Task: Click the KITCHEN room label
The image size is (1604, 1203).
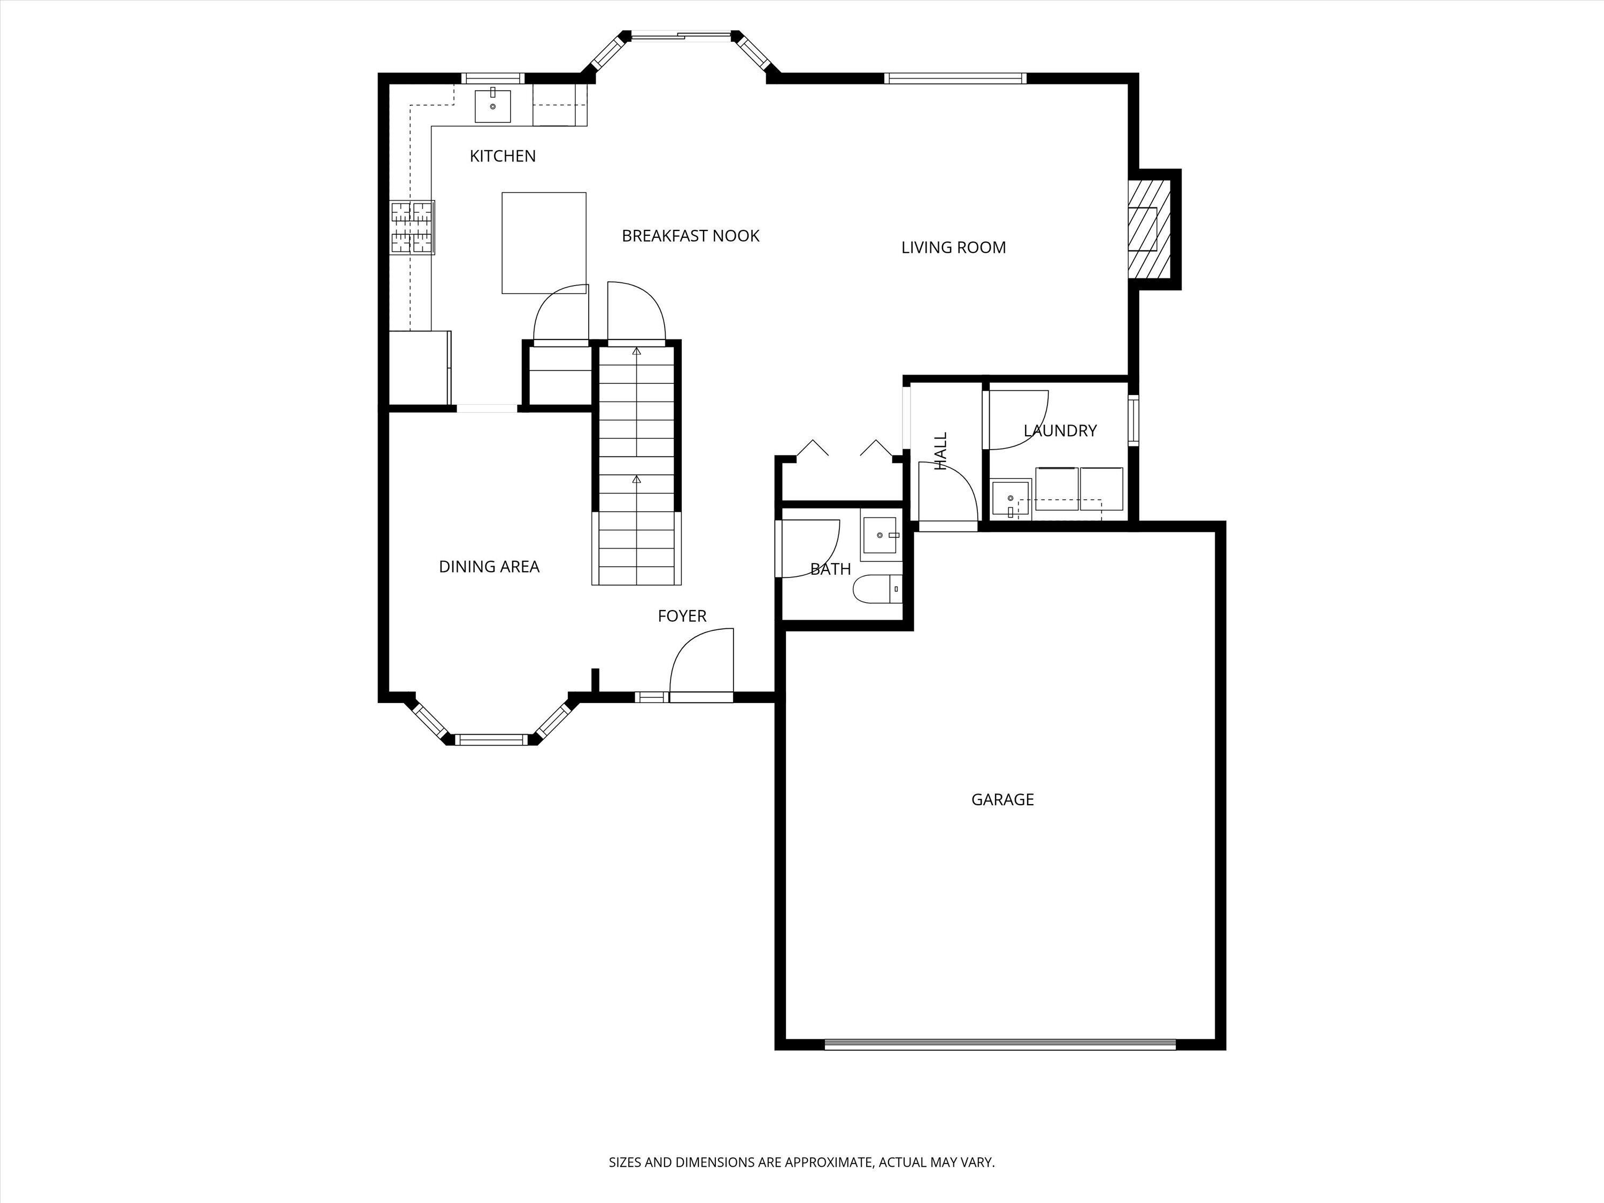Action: (503, 156)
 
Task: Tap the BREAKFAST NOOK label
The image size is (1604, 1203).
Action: (690, 236)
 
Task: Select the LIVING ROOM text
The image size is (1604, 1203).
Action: (953, 247)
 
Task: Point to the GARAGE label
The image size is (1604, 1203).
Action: (1002, 799)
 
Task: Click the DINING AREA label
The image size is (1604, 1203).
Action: (489, 566)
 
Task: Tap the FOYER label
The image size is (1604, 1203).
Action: (682, 615)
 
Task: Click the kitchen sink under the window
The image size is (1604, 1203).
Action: (492, 106)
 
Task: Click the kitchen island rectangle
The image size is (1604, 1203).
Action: (544, 242)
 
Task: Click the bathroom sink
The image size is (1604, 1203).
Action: (880, 535)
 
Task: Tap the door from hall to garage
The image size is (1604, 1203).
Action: (947, 493)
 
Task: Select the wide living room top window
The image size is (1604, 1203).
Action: (955, 78)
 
